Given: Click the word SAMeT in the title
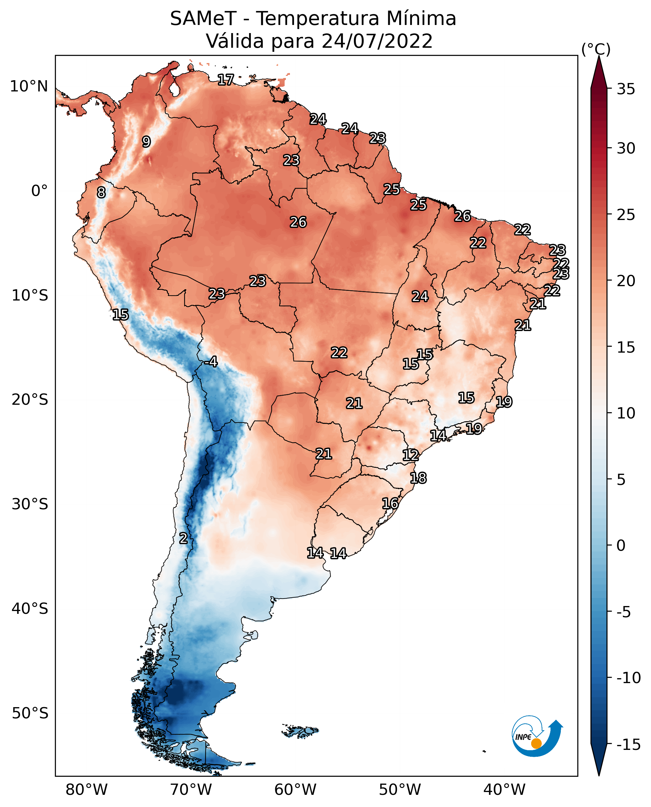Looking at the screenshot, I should point(203,19).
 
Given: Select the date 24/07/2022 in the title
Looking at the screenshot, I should point(377,41).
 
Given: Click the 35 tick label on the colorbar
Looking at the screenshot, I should point(626,89).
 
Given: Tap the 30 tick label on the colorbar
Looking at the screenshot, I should point(626,149).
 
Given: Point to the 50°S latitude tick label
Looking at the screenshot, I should point(30,713).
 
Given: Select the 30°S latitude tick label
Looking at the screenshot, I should point(30,504).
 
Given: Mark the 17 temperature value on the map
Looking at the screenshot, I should point(226,80).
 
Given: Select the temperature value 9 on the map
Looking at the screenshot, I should point(146,142).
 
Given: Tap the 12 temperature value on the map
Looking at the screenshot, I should point(411,455).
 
